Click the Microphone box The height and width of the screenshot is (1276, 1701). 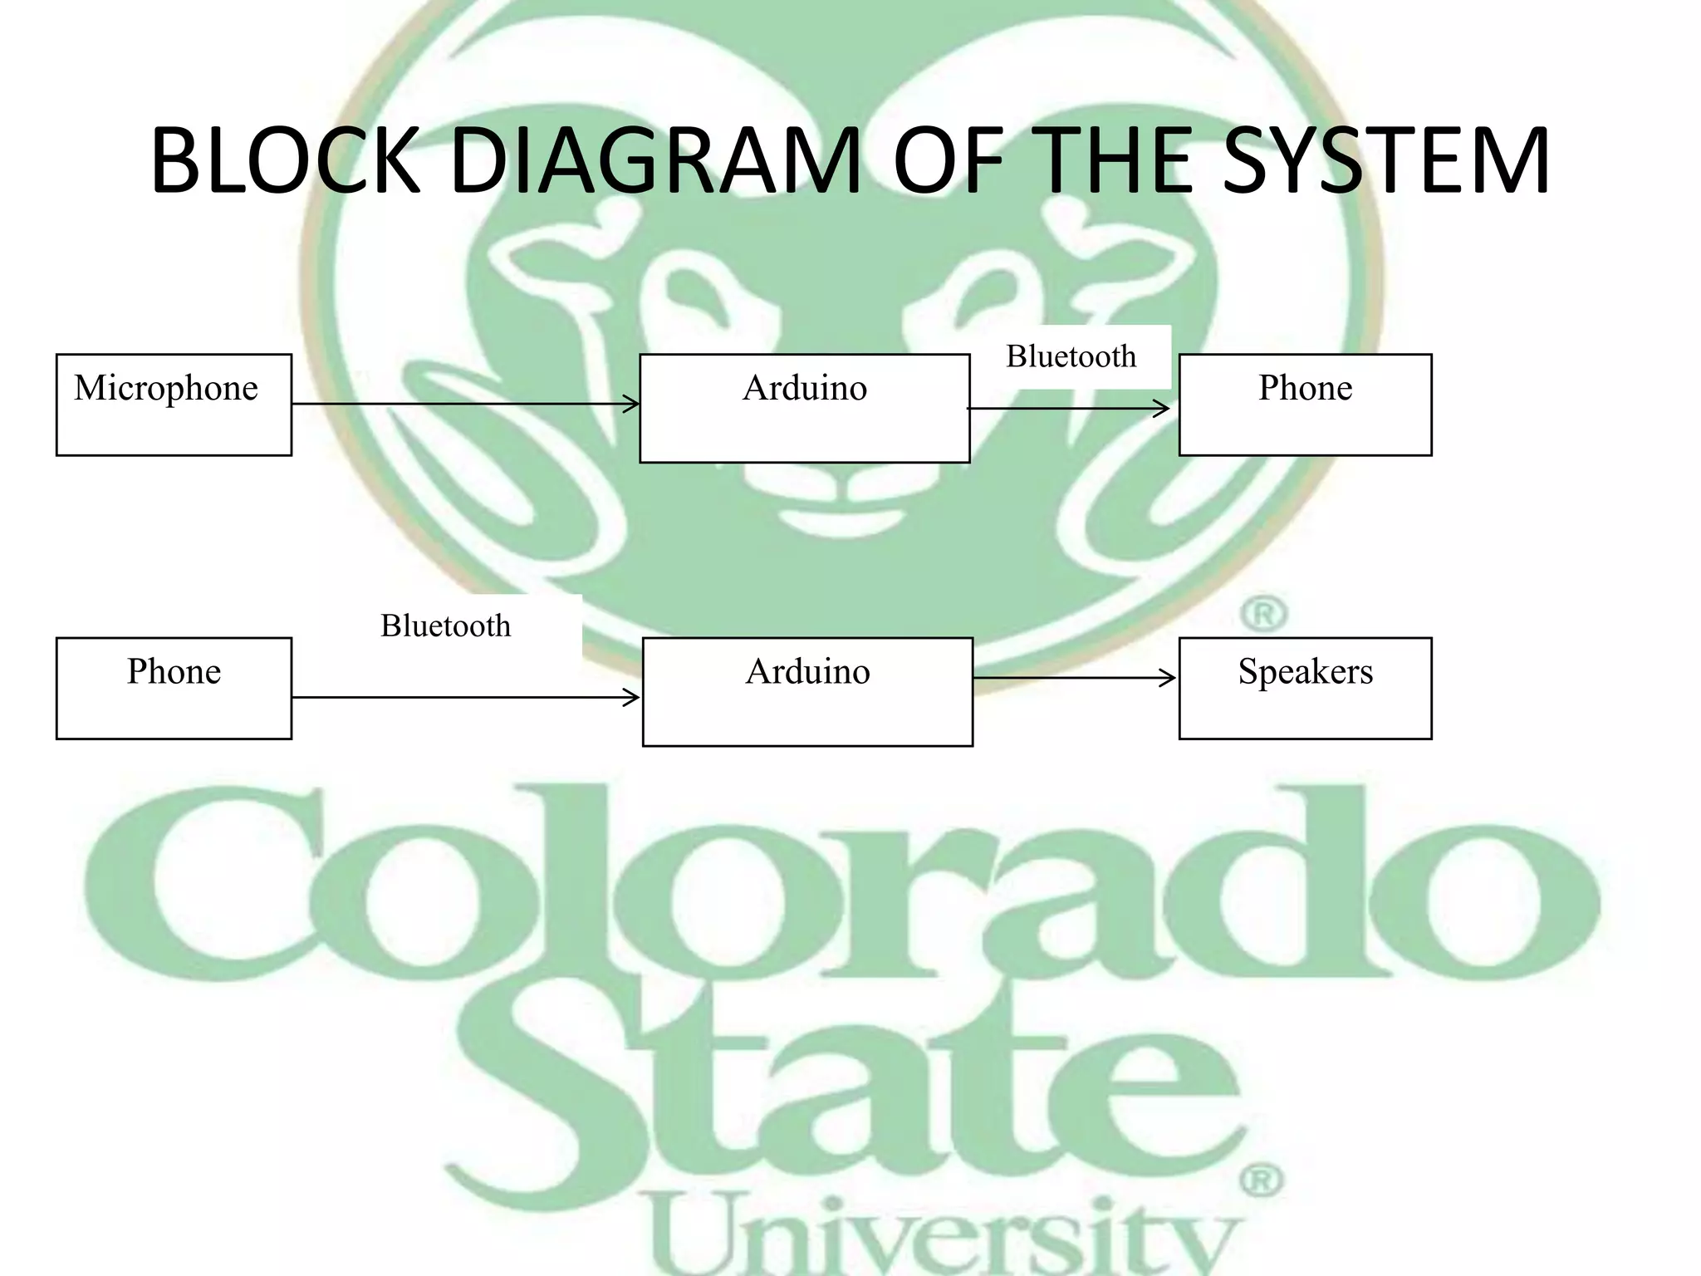pyautogui.click(x=174, y=405)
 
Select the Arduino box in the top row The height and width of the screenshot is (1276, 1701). pyautogui.click(x=804, y=408)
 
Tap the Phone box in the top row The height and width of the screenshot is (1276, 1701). pyautogui.click(x=1305, y=405)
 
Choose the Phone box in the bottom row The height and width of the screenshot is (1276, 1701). pyautogui.click(x=174, y=688)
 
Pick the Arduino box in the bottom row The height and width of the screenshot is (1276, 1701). pyautogui.click(x=807, y=691)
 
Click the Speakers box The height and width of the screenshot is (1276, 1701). pyautogui.click(x=1305, y=688)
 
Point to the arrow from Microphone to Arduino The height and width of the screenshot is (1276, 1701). pyautogui.click(x=465, y=405)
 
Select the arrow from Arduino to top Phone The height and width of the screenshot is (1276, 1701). pyautogui.click(x=1068, y=409)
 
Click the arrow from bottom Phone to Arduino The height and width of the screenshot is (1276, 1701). pyautogui.click(x=465, y=698)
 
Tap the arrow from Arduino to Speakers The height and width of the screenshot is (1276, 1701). pyautogui.click(x=1073, y=679)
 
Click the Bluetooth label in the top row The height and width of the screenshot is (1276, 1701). pyautogui.click(x=1071, y=356)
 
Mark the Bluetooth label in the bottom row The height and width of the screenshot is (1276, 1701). pyautogui.click(x=446, y=626)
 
